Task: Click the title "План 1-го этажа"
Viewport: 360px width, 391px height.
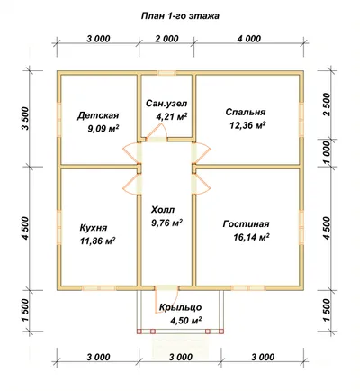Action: tap(180, 16)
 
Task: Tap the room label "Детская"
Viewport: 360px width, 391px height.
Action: tap(98, 115)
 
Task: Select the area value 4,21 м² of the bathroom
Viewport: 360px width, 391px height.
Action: tap(172, 116)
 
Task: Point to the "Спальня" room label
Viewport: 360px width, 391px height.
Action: tap(246, 112)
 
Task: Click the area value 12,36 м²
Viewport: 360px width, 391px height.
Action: tap(247, 125)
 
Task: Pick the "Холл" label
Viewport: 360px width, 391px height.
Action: tap(163, 209)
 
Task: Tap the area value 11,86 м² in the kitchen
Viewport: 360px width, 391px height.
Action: tap(98, 241)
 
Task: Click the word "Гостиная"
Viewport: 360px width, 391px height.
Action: tap(246, 224)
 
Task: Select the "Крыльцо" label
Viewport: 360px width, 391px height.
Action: tap(180, 307)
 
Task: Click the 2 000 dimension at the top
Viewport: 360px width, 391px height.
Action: tap(167, 39)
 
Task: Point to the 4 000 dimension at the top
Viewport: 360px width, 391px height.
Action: tap(249, 39)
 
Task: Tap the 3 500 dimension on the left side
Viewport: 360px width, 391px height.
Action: tap(25, 118)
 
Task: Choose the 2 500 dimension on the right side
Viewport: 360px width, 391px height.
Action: tap(327, 105)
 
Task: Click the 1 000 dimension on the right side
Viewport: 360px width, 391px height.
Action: tap(327, 152)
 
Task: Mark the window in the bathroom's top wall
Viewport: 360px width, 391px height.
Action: tap(166, 73)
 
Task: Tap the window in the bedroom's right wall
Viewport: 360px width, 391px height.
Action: tap(301, 112)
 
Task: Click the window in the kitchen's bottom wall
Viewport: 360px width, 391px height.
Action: tap(99, 288)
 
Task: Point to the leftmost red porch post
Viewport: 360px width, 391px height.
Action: tap(139, 332)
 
